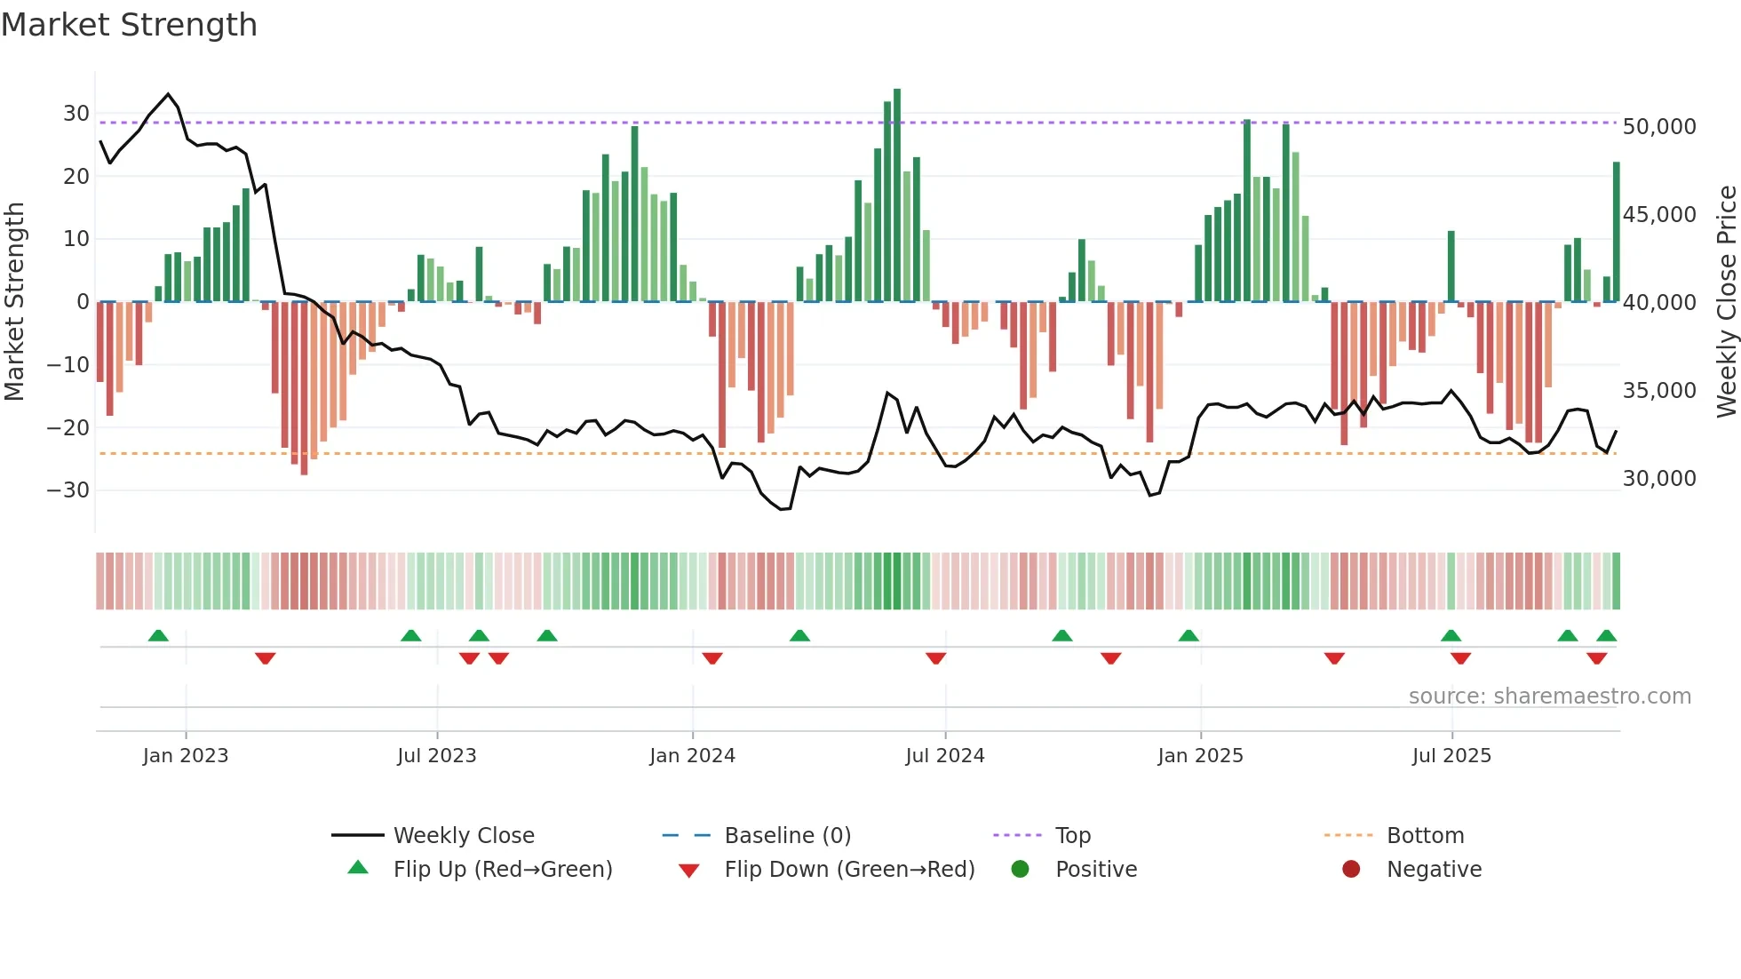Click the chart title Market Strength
[130, 25]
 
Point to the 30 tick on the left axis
[76, 114]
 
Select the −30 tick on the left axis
[68, 490]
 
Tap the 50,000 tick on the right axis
[1658, 127]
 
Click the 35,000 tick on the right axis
[1658, 391]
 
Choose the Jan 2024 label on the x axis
[692, 756]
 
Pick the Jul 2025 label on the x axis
[1451, 756]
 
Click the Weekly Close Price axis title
[1725, 302]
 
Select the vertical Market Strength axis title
[15, 302]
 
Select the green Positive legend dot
[1020, 870]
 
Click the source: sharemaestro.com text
[1549, 696]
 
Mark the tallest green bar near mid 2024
[897, 195]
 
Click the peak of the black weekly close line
[168, 94]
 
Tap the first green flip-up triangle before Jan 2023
[158, 635]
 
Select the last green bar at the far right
[1617, 232]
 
